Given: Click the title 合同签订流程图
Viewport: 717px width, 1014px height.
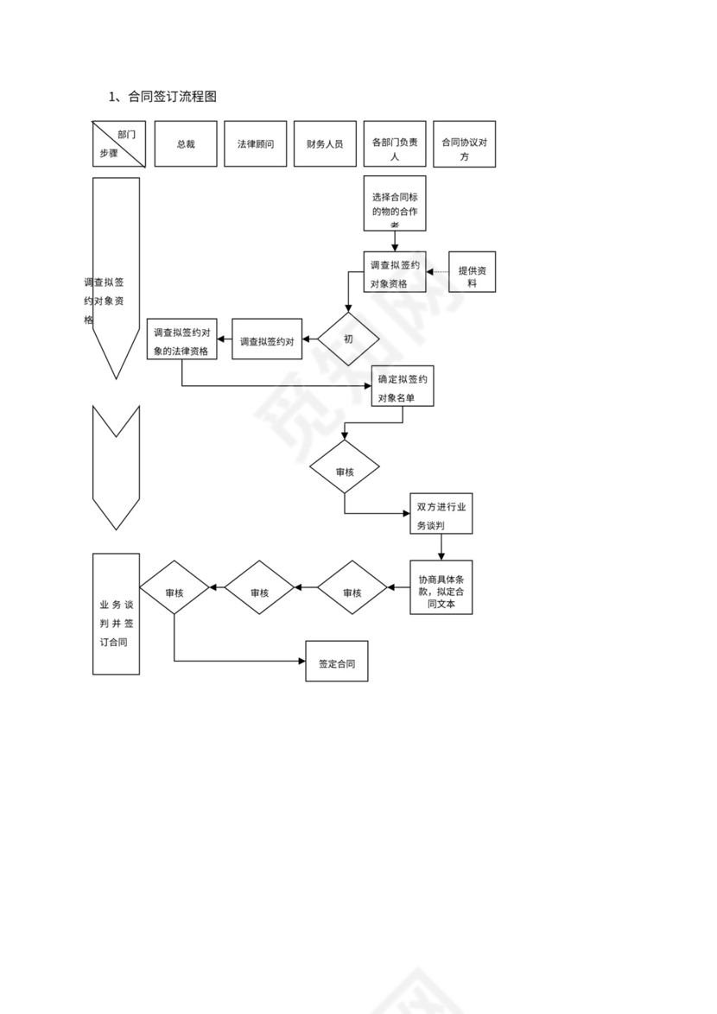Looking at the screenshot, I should pos(162,97).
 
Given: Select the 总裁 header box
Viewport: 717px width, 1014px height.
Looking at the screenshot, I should pos(186,144).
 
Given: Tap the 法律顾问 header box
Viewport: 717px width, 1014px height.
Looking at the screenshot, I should pos(255,144).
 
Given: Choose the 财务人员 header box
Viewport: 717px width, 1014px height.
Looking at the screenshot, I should pos(325,144).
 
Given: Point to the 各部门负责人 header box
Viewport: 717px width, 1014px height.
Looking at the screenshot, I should pos(395,144).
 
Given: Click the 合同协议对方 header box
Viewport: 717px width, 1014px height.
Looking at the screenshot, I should pos(464,144).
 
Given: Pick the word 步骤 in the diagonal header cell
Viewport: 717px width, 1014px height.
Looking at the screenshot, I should pos(108,154).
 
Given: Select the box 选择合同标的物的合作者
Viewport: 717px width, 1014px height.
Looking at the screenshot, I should pos(395,205).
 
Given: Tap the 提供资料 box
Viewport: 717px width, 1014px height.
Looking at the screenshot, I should pos(473,272).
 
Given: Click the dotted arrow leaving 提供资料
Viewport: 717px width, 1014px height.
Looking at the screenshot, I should pos(438,272).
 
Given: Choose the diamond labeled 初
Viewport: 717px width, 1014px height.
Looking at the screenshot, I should pos(348,339).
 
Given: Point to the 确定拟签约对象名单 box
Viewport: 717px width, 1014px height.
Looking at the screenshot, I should pos(403,386).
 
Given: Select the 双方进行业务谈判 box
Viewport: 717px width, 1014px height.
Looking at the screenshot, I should pos(441,514).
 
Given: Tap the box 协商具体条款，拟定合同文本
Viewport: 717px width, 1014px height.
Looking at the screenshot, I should pos(441,587).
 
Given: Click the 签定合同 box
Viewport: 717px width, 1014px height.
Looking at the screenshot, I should pos(337,661).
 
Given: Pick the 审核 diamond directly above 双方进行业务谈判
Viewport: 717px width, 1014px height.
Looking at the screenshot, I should pos(345,472).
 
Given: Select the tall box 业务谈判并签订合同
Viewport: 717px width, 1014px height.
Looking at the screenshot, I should pos(116,613).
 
